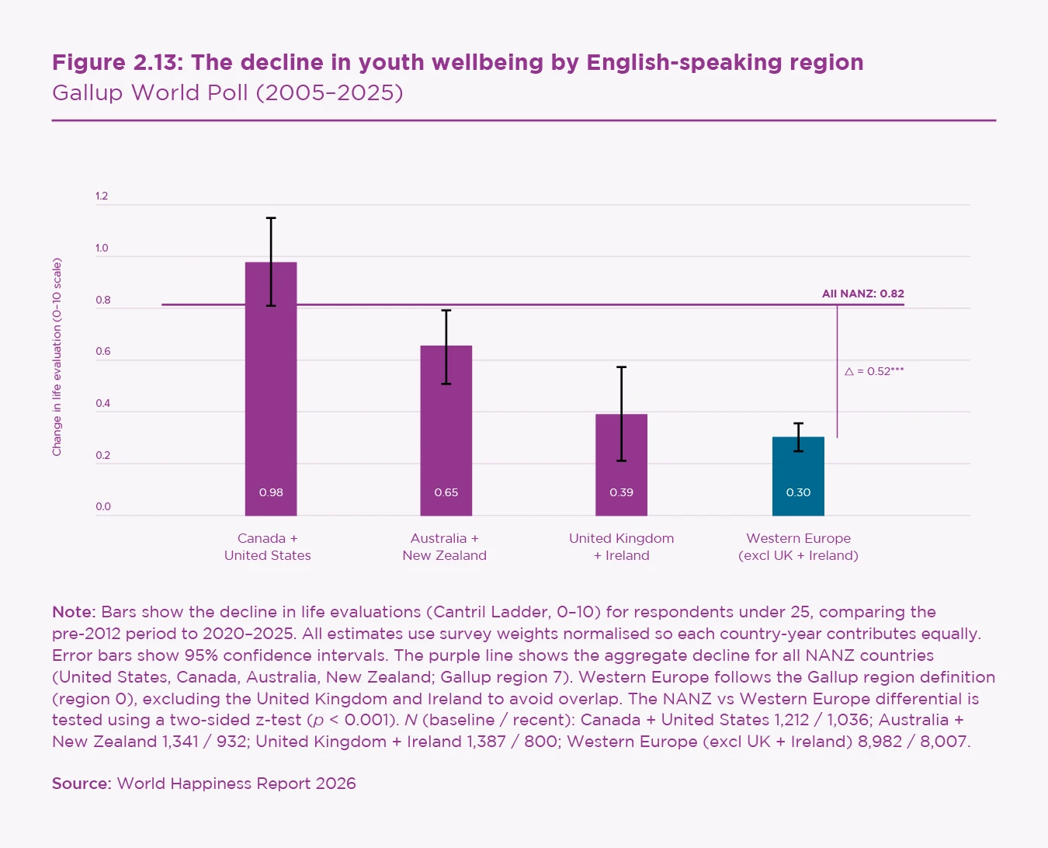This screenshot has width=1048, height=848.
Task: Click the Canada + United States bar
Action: (271, 388)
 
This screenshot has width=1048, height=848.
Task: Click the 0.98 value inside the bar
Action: (271, 492)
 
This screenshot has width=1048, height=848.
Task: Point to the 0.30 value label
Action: (798, 492)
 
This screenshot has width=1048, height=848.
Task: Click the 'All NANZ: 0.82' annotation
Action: (862, 294)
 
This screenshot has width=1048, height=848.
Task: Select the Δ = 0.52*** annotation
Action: (874, 371)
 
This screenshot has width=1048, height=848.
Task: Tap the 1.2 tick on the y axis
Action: (102, 196)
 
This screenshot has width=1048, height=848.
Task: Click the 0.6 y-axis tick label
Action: (102, 352)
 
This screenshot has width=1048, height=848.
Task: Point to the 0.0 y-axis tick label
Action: (102, 507)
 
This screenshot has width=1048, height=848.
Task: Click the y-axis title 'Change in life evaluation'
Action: (57, 357)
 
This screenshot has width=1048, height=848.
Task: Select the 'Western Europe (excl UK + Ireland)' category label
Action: (798, 547)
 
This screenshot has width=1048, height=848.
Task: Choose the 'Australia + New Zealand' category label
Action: (445, 547)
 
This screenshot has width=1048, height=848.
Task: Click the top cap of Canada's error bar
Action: (271, 218)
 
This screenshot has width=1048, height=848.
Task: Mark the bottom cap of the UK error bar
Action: (621, 461)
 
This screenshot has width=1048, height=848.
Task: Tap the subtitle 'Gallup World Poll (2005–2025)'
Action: (227, 92)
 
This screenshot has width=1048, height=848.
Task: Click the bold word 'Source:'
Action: (82, 784)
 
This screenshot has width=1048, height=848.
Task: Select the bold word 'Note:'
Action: (74, 612)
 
